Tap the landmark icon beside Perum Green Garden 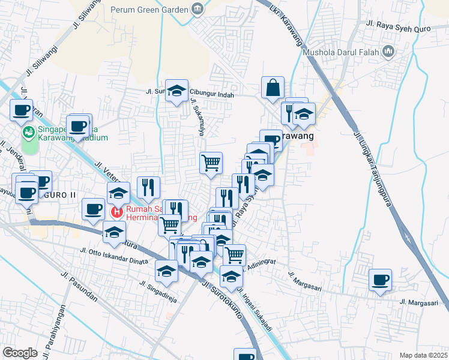click(x=197, y=8)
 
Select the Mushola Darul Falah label click(x=341, y=52)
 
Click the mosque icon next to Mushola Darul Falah click(x=388, y=52)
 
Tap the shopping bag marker click(x=273, y=88)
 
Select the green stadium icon click(x=28, y=132)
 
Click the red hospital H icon click(x=117, y=211)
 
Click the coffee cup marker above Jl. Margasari click(x=381, y=280)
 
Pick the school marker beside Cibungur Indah click(x=176, y=91)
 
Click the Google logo click(x=20, y=353)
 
